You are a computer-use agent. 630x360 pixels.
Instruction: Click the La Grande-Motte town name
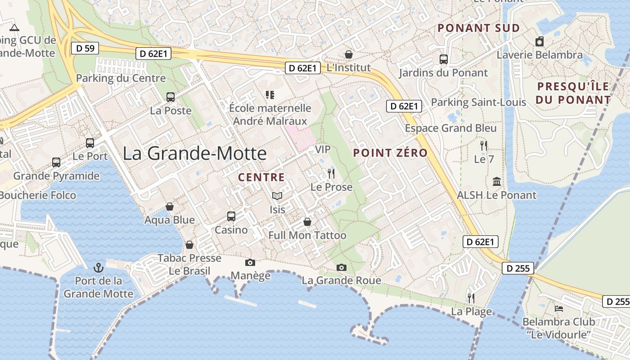(x=194, y=153)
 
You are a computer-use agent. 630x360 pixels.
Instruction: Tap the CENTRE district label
(x=261, y=177)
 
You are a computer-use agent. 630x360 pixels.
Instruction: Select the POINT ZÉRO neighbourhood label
(x=390, y=153)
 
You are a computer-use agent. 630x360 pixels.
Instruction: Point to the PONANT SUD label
(x=479, y=28)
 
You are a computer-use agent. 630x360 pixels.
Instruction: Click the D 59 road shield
(x=85, y=48)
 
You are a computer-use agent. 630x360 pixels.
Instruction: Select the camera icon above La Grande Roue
(x=342, y=268)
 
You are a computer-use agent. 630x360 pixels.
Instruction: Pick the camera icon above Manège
(x=250, y=262)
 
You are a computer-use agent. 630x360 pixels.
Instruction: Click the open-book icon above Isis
(x=277, y=196)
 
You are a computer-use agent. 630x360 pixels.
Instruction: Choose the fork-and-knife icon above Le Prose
(x=331, y=174)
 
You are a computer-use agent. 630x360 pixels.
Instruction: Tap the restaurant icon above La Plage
(x=471, y=298)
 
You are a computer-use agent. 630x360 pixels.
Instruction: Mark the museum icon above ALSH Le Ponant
(x=497, y=182)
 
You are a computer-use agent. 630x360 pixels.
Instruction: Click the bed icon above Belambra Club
(x=558, y=309)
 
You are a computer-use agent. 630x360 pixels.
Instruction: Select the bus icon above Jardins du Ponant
(x=443, y=59)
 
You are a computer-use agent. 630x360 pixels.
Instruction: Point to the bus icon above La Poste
(x=171, y=97)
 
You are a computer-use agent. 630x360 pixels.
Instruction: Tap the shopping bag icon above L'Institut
(x=349, y=54)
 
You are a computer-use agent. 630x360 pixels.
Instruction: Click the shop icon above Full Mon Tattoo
(x=307, y=222)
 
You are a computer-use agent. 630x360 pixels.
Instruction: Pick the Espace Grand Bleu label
(x=451, y=128)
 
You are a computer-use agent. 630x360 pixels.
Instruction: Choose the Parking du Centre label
(x=121, y=78)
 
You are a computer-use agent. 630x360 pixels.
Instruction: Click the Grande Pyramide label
(x=56, y=176)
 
